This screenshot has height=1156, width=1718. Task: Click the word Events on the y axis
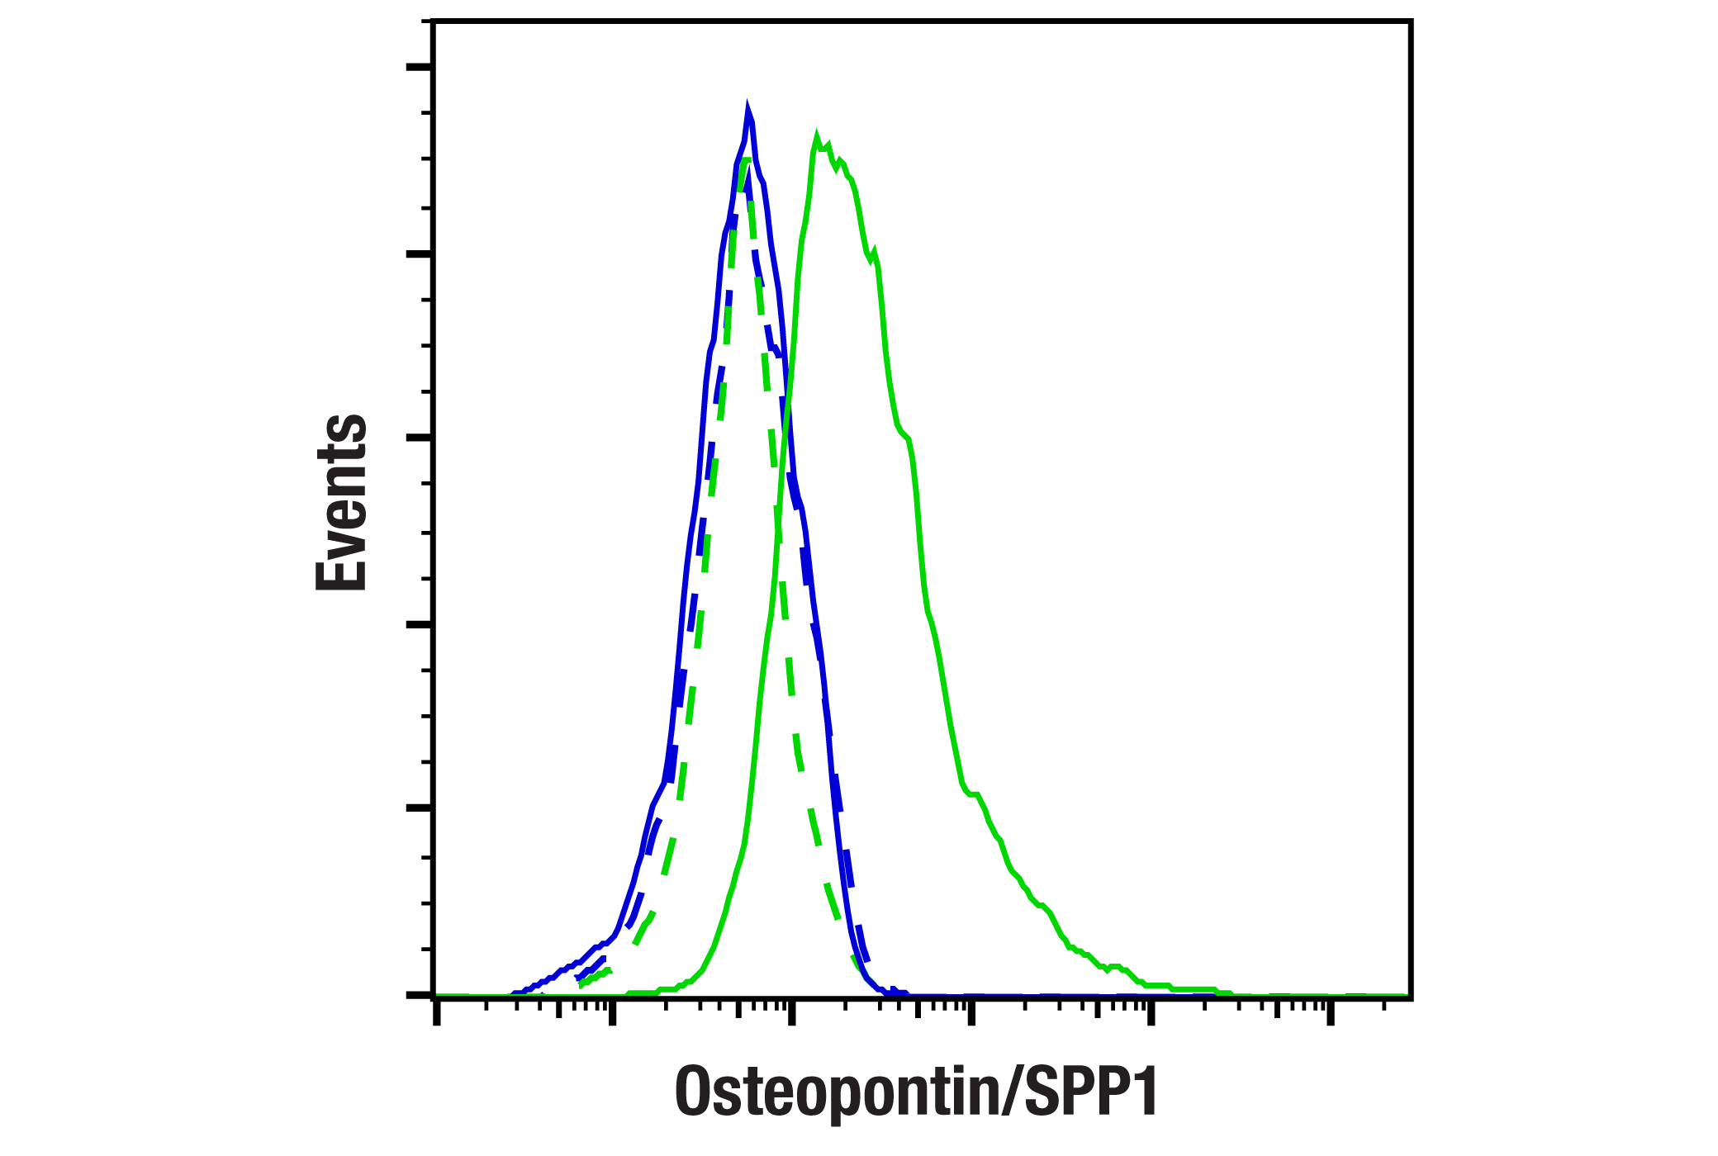click(x=341, y=502)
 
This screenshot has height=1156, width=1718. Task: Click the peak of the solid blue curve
click(x=748, y=109)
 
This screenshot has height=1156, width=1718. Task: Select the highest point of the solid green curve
click(x=816, y=135)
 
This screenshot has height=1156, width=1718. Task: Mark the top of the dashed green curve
click(x=746, y=159)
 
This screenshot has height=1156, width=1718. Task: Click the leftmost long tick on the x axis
click(x=437, y=1012)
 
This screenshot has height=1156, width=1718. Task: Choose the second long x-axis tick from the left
click(x=612, y=1012)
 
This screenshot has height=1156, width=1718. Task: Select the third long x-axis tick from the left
click(x=792, y=1012)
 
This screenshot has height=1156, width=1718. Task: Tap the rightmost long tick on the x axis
click(x=1331, y=1012)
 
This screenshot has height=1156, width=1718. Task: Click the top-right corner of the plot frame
click(x=1410, y=22)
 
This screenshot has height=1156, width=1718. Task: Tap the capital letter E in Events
click(x=341, y=569)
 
